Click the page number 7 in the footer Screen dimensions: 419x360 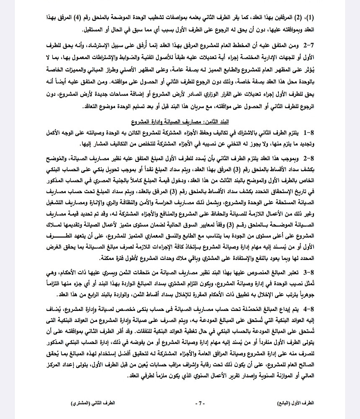pyautogui.click(x=200, y=403)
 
